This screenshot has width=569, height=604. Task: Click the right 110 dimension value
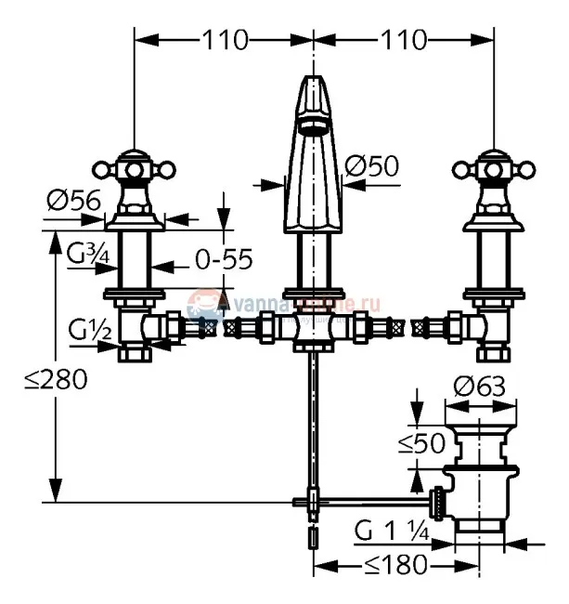pos(402,40)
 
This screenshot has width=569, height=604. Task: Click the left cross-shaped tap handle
pos(134,170)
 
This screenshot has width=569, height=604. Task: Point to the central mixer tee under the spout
pos(316,330)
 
